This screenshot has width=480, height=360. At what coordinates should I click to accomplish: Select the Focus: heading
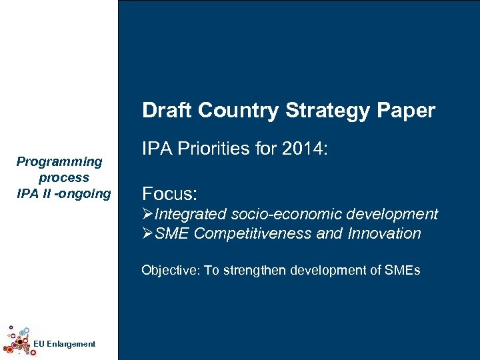tap(170, 194)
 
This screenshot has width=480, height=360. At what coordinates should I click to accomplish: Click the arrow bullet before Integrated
tap(148, 215)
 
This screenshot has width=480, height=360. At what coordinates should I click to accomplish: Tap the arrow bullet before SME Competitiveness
tap(148, 234)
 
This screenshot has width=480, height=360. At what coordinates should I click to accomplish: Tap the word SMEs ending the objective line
tap(402, 270)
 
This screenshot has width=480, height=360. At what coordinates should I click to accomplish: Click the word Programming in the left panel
tap(59, 161)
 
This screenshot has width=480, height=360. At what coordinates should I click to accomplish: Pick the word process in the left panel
tap(63, 177)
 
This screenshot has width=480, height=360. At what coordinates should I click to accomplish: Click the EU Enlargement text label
tap(64, 344)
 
